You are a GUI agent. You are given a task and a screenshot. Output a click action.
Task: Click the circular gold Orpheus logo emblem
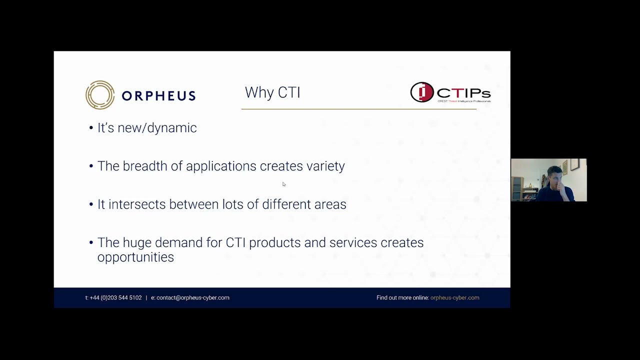coord(100,94)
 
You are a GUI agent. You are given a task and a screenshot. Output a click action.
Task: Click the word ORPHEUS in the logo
coord(158,95)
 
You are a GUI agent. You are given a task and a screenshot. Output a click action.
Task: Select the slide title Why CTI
coord(272,92)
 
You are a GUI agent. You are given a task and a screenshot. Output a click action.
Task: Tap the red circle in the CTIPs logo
coord(422,92)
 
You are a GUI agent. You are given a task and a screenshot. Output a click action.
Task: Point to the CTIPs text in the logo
coord(463,93)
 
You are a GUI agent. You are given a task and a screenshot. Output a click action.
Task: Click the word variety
coord(325,166)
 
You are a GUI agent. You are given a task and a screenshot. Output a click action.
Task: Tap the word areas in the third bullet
coord(330,204)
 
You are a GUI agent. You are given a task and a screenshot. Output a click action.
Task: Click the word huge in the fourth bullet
coord(137,242)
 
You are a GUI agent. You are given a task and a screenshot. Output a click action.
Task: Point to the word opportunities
coord(135,257)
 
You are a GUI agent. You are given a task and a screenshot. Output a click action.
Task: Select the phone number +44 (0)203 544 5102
coord(115,297)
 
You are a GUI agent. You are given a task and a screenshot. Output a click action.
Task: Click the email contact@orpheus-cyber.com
coord(192,297)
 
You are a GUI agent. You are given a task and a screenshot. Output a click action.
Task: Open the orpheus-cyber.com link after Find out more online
coord(454,297)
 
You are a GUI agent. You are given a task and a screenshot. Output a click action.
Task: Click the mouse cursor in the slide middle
coord(283,184)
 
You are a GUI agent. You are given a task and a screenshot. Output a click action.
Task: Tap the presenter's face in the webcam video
coord(553,178)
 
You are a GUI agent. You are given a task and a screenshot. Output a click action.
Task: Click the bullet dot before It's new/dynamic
coord(91,128)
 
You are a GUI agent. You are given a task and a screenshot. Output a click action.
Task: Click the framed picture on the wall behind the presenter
coord(574,164)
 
